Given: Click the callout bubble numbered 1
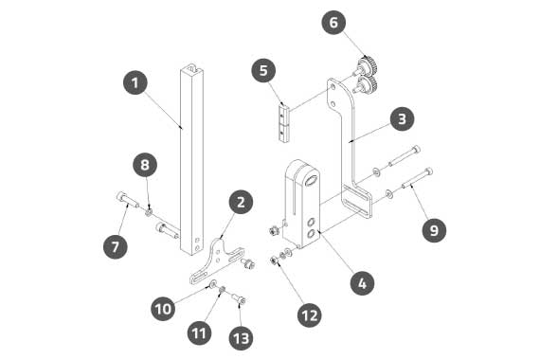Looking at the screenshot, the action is pyautogui.click(x=135, y=82).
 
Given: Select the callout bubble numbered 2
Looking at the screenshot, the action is pyautogui.click(x=241, y=202).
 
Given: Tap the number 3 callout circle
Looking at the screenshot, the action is pyautogui.click(x=403, y=118).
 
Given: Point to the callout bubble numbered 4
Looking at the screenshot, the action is pyautogui.click(x=362, y=283).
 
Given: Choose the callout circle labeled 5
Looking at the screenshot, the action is pyautogui.click(x=263, y=70).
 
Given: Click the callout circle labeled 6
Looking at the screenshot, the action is pyautogui.click(x=334, y=23).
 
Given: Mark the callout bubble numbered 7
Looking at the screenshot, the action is pyautogui.click(x=116, y=246).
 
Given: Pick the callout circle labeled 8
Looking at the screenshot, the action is pyautogui.click(x=145, y=164).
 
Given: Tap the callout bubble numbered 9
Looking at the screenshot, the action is pyautogui.click(x=434, y=230).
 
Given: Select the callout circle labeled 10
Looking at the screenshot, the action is pyautogui.click(x=163, y=308).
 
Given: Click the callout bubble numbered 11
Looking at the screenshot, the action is pyautogui.click(x=199, y=333).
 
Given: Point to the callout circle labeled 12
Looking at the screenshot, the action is pyautogui.click(x=310, y=315).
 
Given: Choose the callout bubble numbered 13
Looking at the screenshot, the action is pyautogui.click(x=241, y=338).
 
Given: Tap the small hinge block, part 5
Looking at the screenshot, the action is pyautogui.click(x=284, y=122).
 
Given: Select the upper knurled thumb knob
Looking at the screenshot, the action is pyautogui.click(x=368, y=66).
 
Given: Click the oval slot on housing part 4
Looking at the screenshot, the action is pyautogui.click(x=312, y=181).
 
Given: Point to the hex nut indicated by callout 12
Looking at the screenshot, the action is pyautogui.click(x=274, y=261).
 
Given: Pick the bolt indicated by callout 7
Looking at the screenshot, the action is pyautogui.click(x=127, y=200).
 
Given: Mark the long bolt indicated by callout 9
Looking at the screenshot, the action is pyautogui.click(x=418, y=178).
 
